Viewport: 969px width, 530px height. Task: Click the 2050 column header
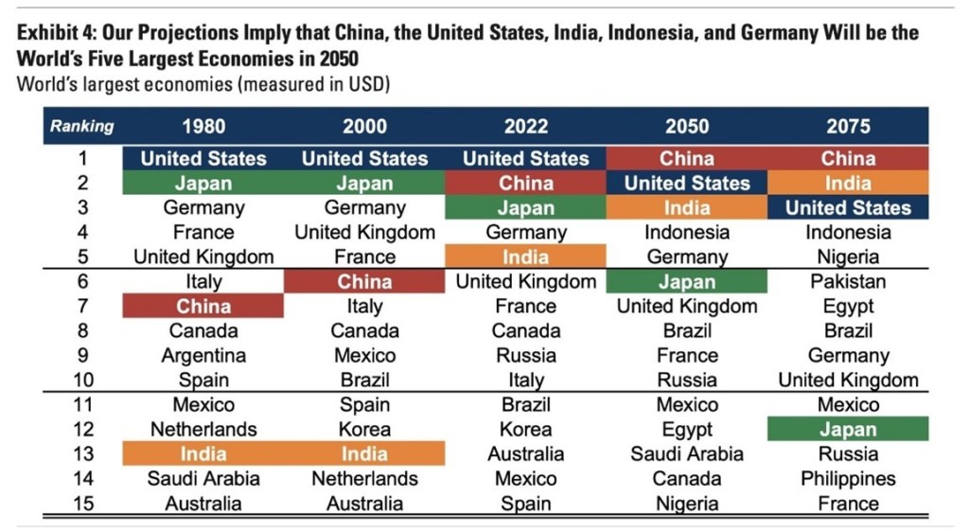pyautogui.click(x=687, y=126)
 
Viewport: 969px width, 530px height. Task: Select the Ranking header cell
pyautogui.click(x=81, y=126)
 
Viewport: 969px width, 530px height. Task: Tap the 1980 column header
pyautogui.click(x=203, y=126)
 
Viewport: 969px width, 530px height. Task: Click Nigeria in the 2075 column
pyautogui.click(x=848, y=257)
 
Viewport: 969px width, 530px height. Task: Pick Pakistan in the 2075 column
pyautogui.click(x=848, y=281)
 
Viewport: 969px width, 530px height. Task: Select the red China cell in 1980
pyautogui.click(x=203, y=306)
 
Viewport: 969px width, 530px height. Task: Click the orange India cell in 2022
pyautogui.click(x=526, y=257)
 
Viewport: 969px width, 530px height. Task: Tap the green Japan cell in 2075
pyautogui.click(x=848, y=429)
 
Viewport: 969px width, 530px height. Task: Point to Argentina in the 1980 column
pyautogui.click(x=203, y=356)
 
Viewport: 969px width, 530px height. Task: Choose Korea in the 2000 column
pyautogui.click(x=364, y=429)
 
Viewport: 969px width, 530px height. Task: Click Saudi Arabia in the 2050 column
pyautogui.click(x=687, y=454)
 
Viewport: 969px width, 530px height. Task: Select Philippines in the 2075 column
pyautogui.click(x=848, y=479)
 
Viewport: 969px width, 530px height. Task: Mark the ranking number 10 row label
pyautogui.click(x=81, y=380)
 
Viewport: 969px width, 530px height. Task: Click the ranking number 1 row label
pyautogui.click(x=81, y=159)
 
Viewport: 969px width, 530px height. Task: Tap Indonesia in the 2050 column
pyautogui.click(x=687, y=232)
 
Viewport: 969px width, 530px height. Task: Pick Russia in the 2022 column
pyautogui.click(x=526, y=356)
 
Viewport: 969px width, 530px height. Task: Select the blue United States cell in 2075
pyautogui.click(x=848, y=208)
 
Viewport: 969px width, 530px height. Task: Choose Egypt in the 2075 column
pyautogui.click(x=848, y=306)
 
